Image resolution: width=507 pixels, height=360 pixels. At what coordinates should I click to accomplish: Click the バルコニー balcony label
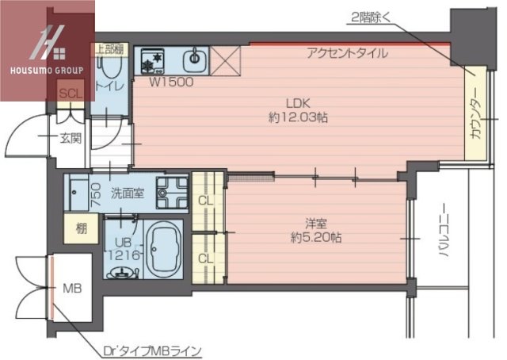pos(445,238)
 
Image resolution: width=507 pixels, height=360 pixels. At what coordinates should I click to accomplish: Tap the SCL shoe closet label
pos(71,93)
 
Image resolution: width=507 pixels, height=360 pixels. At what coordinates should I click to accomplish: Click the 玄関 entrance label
pos(70,139)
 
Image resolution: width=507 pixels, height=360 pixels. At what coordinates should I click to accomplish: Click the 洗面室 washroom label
pos(127,193)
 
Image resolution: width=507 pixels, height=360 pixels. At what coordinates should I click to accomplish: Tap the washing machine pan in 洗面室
pos(171,192)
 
